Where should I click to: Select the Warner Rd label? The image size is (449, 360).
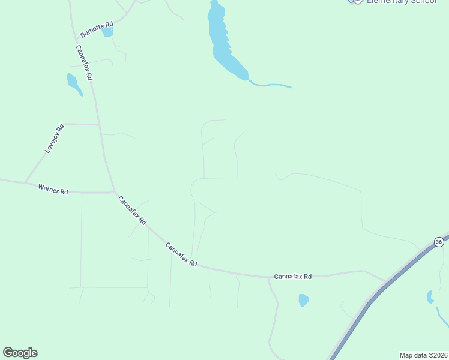53,190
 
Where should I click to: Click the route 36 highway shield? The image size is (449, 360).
439,242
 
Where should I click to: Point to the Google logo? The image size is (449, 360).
20,353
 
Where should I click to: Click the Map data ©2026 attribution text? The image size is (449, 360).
423,355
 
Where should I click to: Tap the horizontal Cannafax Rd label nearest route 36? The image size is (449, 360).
292,277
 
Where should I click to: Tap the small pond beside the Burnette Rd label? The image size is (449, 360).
107,32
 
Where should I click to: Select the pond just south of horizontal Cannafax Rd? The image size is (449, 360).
304,299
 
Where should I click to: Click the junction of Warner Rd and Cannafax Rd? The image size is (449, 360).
114,193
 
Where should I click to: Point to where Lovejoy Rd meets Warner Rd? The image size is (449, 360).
25,182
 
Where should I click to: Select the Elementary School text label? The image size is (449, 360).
401,2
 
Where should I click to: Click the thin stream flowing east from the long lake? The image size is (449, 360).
270,85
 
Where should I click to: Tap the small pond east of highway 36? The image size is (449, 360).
430,296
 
